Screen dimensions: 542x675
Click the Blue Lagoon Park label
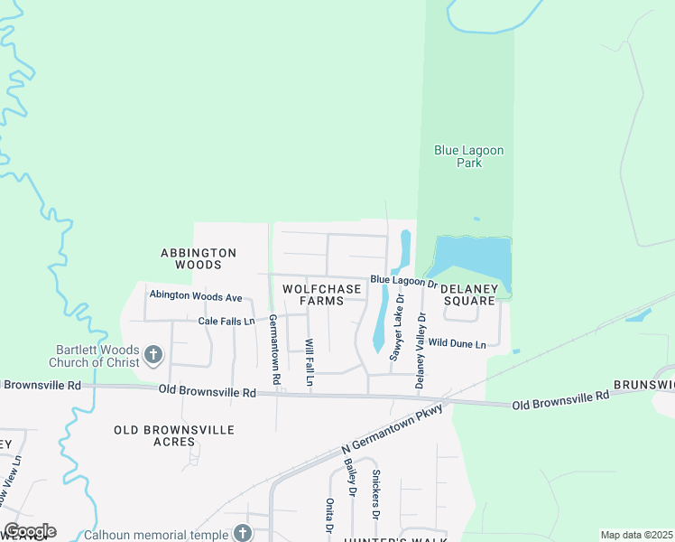pos(468,156)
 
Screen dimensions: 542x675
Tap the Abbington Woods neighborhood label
pos(199,258)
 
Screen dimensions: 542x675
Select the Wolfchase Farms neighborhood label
pos(322,294)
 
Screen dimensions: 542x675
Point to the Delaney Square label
pos(467,294)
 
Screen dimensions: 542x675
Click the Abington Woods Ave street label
pos(196,295)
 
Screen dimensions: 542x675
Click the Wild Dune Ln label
pos(457,343)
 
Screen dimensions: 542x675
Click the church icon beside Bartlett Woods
pos(153,355)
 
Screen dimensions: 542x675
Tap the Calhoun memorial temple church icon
pos(242,533)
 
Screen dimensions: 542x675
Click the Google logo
pos(30,531)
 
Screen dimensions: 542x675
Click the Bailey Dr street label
pos(351,477)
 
